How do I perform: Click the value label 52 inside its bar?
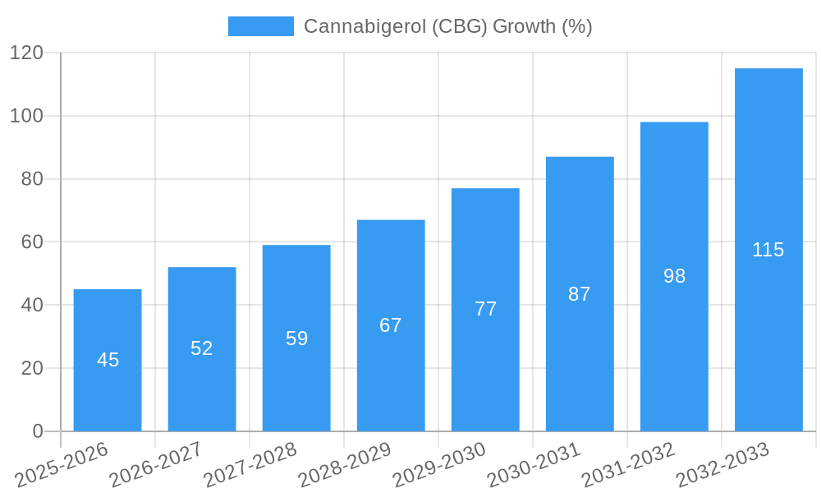[202, 348]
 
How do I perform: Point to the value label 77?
[485, 309]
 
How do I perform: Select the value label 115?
[768, 250]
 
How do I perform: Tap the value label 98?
[674, 276]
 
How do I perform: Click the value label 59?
[296, 339]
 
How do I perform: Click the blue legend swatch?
[260, 26]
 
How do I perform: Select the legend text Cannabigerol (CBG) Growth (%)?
[447, 26]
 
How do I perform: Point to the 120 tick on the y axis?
[26, 53]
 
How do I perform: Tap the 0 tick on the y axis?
[38, 431]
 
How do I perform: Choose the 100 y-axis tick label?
[26, 116]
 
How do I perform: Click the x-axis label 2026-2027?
[156, 465]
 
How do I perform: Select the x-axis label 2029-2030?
[439, 465]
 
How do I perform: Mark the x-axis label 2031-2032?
[628, 465]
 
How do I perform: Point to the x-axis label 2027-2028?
[250, 465]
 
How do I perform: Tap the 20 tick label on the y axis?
[32, 368]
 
